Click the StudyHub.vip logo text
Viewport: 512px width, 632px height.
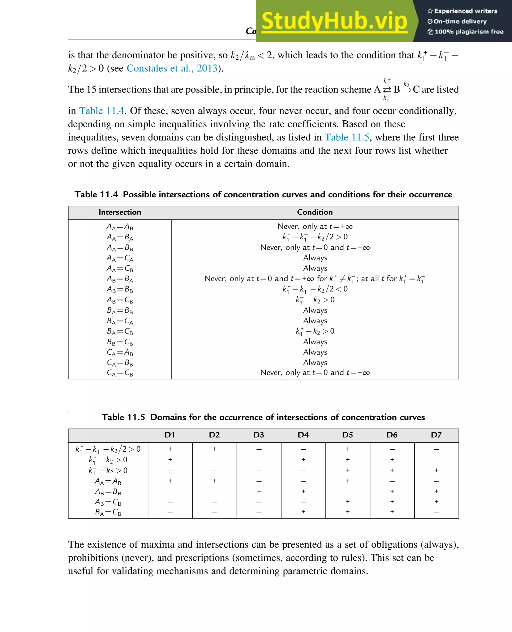tap(334, 21)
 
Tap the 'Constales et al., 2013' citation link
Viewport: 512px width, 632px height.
tap(172, 68)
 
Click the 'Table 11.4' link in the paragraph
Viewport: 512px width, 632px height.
tap(102, 111)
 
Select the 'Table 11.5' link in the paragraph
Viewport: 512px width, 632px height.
tap(347, 137)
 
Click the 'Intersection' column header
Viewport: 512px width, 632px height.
tap(120, 212)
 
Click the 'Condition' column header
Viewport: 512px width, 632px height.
tap(315, 212)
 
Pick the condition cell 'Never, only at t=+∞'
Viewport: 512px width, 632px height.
tap(315, 226)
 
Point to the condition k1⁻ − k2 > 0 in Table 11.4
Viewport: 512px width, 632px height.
tap(315, 300)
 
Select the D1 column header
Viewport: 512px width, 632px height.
tap(170, 435)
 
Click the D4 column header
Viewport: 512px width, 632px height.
tap(303, 435)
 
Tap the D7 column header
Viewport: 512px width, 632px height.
tap(436, 435)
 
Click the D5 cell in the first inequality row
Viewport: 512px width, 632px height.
tap(348, 449)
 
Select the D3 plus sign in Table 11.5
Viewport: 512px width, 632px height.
tap(259, 491)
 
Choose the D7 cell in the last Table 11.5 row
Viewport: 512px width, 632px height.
tap(436, 512)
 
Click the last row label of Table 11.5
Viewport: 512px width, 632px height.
tap(108, 512)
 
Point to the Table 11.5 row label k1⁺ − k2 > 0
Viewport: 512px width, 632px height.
tap(108, 460)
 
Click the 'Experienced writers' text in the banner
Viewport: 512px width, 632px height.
tap(465, 11)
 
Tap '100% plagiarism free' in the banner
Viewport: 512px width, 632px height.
tap(469, 32)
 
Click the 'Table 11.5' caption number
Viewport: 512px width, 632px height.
tap(123, 417)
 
